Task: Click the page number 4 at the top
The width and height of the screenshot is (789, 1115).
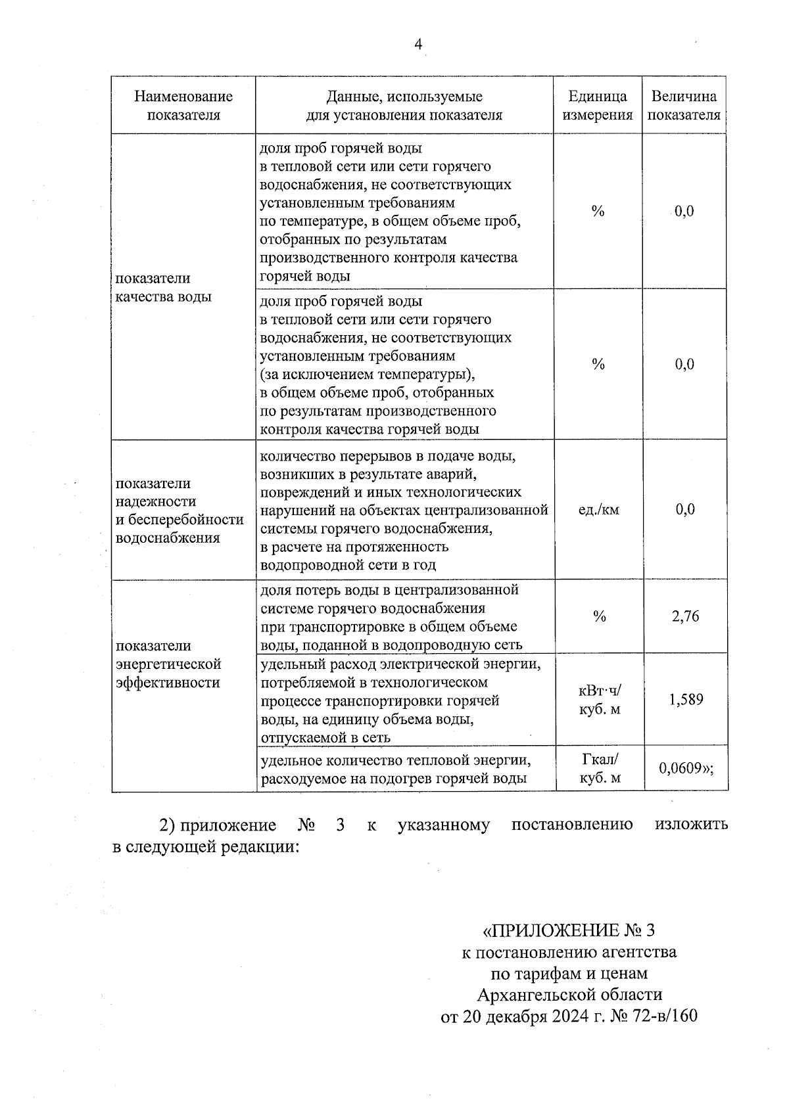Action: tap(418, 45)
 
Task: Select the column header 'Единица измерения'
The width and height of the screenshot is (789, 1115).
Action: tap(598, 106)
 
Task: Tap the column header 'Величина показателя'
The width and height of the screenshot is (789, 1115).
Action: tap(684, 106)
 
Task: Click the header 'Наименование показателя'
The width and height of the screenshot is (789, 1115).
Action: tap(183, 106)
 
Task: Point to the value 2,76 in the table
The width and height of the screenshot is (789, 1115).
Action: tap(685, 616)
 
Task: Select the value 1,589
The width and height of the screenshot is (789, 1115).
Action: tap(686, 700)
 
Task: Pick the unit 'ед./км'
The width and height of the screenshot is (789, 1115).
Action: tap(598, 510)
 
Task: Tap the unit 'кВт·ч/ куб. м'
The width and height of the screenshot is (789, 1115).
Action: tap(599, 700)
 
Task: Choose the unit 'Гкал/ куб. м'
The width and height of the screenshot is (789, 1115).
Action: tap(600, 769)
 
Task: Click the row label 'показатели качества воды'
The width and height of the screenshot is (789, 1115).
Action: tap(164, 287)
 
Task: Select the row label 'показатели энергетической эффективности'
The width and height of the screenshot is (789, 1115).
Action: tap(168, 664)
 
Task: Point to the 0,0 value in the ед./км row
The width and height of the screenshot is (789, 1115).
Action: tap(684, 510)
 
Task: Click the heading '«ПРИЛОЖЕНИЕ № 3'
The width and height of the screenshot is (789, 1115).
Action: tap(569, 930)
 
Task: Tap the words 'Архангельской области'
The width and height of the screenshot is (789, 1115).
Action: tap(569, 993)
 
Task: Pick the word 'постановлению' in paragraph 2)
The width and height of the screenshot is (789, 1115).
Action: tap(572, 825)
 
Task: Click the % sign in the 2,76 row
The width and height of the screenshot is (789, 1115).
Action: tap(599, 616)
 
